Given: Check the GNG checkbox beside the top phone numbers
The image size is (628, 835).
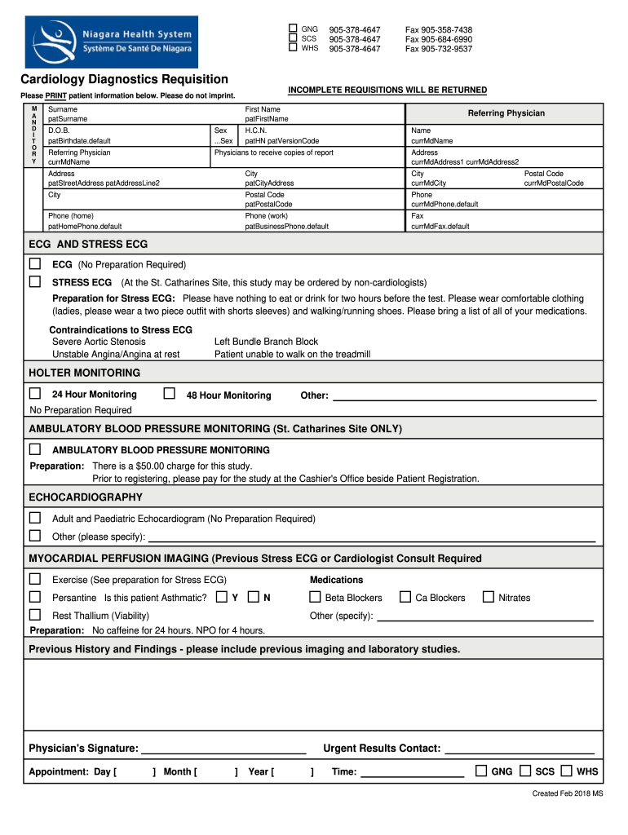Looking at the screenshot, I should [293, 29].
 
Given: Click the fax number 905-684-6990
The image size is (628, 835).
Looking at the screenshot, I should [439, 39].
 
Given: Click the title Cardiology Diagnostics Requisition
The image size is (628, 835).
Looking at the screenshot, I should [124, 79].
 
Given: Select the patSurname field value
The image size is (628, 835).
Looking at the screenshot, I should [68, 119].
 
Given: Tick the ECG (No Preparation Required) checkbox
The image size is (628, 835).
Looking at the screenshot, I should [35, 264].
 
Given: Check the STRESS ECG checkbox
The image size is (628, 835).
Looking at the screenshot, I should [35, 281].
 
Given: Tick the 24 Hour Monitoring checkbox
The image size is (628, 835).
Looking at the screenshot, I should [35, 394].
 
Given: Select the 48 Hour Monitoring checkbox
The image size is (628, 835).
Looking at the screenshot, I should [170, 394].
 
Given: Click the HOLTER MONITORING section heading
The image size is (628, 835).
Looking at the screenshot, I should [85, 373].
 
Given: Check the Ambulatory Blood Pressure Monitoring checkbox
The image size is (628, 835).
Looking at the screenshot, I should [35, 449].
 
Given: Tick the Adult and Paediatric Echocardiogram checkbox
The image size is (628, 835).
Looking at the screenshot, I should [35, 518].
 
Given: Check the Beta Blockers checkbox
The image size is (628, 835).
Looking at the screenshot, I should [315, 597].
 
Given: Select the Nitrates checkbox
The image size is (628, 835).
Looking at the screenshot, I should [488, 597].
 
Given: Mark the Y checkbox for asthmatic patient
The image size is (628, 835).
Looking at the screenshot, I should [222, 597].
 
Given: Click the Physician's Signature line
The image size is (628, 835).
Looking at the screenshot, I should [223, 749].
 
